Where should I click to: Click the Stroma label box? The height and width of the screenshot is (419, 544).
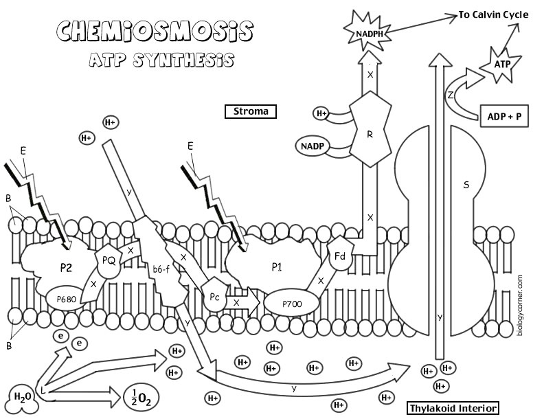pyautogui.click(x=250, y=111)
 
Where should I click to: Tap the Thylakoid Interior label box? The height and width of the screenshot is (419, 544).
pyautogui.click(x=453, y=408)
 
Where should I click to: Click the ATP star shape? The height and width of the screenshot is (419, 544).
pyautogui.click(x=503, y=64)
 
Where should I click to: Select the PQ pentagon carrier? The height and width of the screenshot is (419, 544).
pyautogui.click(x=108, y=260)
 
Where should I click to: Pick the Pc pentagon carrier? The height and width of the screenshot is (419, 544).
pyautogui.click(x=215, y=296)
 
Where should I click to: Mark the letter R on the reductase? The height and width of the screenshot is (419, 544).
pyautogui.click(x=370, y=135)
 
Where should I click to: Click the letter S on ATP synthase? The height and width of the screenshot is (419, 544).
pyautogui.click(x=466, y=184)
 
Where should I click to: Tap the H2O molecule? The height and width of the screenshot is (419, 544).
pyautogui.click(x=20, y=398)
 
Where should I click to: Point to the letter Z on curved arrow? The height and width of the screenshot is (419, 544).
pyautogui.click(x=450, y=96)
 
